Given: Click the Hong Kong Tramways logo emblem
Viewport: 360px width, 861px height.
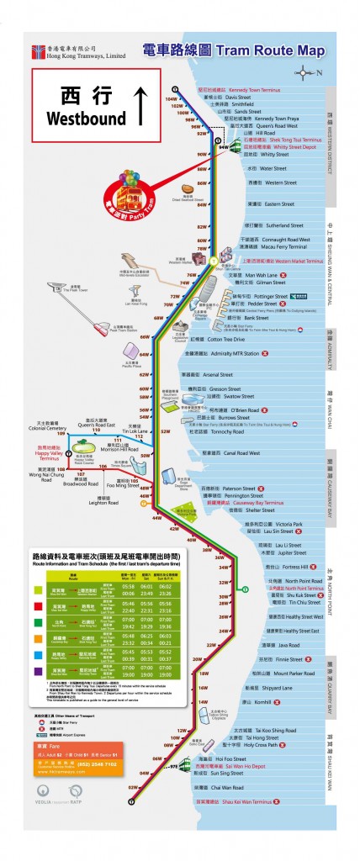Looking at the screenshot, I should (x=38, y=51).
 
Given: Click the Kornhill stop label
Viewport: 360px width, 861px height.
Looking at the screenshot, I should (x=259, y=701).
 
